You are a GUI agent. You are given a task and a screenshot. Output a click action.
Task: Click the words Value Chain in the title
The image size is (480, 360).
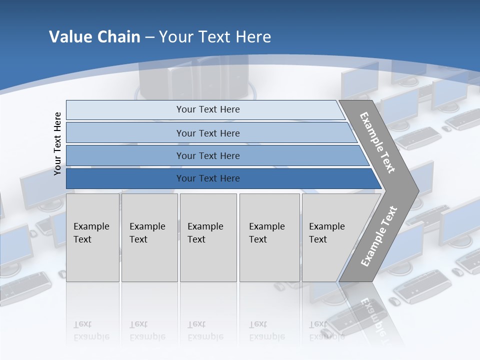(94, 37)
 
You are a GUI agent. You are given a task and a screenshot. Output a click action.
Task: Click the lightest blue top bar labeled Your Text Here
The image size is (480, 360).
(208, 109)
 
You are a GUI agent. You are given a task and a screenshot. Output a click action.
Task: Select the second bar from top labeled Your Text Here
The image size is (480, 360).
(208, 133)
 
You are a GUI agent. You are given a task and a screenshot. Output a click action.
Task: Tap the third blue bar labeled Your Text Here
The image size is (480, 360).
(208, 155)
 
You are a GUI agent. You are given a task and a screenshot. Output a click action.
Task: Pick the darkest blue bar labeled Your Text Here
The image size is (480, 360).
(208, 178)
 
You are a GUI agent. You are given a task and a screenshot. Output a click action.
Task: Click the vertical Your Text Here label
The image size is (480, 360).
(57, 143)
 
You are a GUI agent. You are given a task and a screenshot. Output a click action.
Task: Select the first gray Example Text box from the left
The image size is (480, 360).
(92, 237)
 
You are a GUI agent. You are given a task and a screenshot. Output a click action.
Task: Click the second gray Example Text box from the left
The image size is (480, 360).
(149, 237)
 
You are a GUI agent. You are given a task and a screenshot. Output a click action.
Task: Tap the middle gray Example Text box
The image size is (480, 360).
(208, 237)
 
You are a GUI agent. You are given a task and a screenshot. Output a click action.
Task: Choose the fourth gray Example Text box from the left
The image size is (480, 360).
(269, 237)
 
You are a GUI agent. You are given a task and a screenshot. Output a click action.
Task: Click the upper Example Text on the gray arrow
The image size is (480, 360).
(377, 142)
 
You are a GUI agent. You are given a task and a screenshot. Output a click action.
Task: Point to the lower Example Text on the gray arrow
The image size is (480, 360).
(378, 236)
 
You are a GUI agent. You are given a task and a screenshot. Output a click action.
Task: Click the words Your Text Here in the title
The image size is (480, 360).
(215, 37)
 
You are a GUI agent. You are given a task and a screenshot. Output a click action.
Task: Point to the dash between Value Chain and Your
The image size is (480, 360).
(149, 37)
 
